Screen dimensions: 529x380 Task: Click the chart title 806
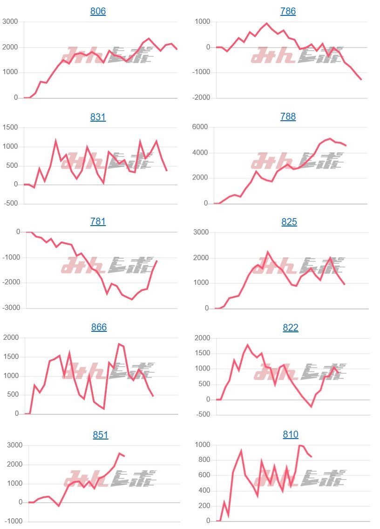(98, 11)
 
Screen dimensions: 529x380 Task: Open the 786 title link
(288, 11)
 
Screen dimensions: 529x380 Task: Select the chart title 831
(98, 117)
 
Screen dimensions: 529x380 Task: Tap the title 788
(288, 117)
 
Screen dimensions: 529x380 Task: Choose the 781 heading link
(98, 221)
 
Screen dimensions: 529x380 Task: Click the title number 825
(289, 222)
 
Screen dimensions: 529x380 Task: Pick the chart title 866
(99, 327)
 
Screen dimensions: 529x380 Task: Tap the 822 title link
(291, 328)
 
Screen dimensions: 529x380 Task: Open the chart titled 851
(100, 435)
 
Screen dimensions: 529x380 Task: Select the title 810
(291, 434)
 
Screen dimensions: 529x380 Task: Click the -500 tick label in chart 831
(11, 204)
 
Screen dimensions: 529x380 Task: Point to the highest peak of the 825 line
(268, 252)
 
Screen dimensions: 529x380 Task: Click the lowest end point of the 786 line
(361, 80)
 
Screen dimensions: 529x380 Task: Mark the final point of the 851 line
(124, 456)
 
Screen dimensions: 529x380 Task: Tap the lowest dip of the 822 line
(311, 407)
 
